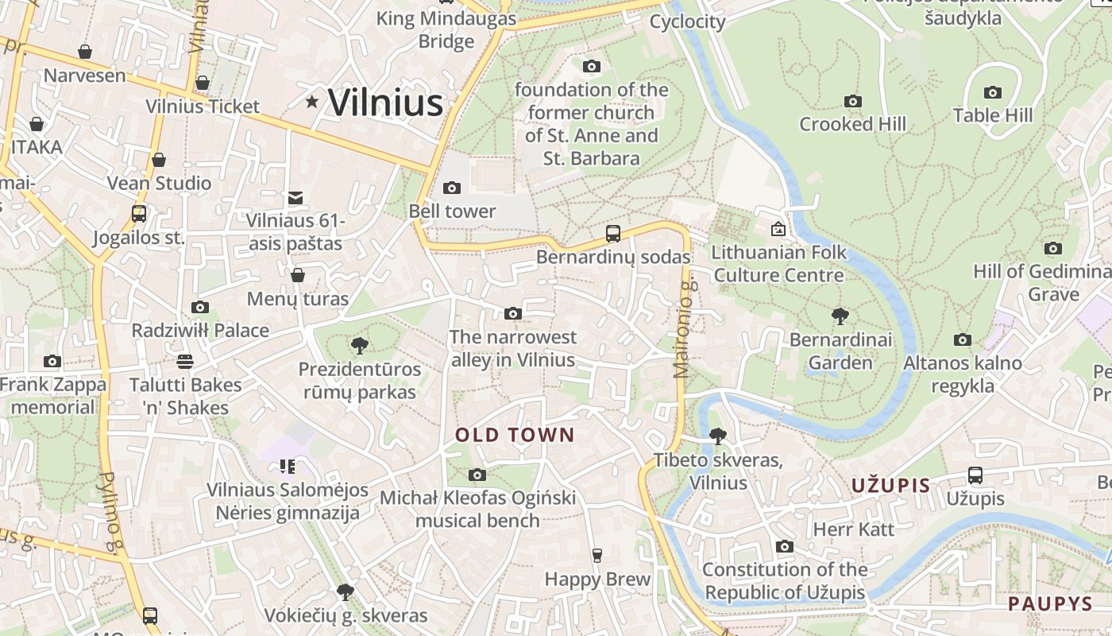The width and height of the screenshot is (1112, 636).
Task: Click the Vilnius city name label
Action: [x=385, y=103]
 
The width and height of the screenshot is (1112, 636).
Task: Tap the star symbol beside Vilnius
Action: [x=313, y=102]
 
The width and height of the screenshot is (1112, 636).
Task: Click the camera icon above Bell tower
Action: [x=452, y=188]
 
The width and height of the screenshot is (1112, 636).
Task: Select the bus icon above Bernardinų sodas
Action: [x=612, y=234]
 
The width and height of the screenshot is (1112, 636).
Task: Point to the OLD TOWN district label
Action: [x=514, y=435]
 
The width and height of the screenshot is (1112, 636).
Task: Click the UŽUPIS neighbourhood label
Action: [x=890, y=486]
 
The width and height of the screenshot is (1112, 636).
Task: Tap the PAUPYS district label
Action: [x=1051, y=604]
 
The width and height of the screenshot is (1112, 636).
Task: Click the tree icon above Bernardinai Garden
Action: [x=840, y=316]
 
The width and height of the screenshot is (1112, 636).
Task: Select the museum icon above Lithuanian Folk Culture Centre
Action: [x=778, y=229]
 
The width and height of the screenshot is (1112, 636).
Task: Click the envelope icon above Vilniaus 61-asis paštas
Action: [x=295, y=197]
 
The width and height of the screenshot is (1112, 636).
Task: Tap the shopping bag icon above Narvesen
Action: [x=85, y=52]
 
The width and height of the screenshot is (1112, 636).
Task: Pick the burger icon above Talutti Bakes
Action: [x=185, y=362]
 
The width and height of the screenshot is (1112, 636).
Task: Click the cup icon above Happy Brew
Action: [x=597, y=556]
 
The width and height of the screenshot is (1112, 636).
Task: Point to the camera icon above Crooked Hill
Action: [x=853, y=102]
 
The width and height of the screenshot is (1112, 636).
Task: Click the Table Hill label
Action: [x=993, y=115]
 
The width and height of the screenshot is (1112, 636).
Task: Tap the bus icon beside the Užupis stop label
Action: [x=975, y=475]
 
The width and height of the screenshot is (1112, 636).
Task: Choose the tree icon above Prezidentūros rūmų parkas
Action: [x=359, y=346]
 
